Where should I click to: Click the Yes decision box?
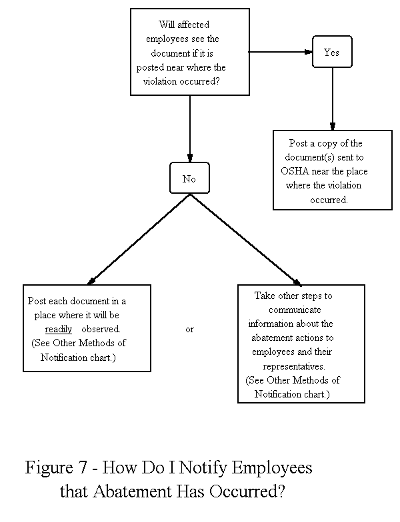tap(331, 52)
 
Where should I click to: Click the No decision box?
tap(189, 178)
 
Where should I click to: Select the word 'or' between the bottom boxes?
tap(189, 330)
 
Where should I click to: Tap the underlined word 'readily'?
tap(59, 329)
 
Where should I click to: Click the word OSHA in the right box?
tap(295, 171)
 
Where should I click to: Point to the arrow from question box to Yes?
tap(280, 51)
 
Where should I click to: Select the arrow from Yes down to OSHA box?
tap(331, 97)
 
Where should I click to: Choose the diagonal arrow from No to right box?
tap(245, 239)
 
